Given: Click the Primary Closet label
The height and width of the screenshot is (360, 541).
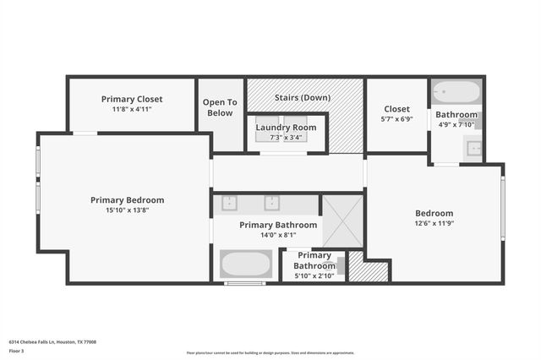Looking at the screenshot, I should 132,99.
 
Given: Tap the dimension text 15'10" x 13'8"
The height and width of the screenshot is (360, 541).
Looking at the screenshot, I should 127,211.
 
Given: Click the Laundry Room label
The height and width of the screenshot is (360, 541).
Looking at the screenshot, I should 286,127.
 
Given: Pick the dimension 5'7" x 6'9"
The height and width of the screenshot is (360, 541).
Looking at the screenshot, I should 396,119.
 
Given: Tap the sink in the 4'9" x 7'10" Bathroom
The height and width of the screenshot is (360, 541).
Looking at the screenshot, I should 474,150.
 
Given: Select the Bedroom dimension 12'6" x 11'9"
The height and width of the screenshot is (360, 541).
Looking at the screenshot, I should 434,224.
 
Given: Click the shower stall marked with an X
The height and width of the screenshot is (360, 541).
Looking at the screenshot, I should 342,221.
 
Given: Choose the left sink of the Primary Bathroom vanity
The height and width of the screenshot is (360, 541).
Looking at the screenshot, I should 229,203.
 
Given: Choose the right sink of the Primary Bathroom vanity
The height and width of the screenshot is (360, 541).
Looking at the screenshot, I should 271,203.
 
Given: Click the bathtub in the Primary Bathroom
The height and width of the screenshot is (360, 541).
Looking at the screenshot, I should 246,264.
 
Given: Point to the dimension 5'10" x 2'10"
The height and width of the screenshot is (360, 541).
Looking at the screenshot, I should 314,275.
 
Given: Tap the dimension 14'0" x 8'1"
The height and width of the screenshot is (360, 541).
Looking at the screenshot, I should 277,236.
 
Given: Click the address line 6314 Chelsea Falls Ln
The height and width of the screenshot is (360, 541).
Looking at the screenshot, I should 52,342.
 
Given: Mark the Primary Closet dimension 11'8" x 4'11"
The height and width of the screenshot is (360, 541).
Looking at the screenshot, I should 132,109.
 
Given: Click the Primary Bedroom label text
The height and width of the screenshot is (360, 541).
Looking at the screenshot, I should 127,200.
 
